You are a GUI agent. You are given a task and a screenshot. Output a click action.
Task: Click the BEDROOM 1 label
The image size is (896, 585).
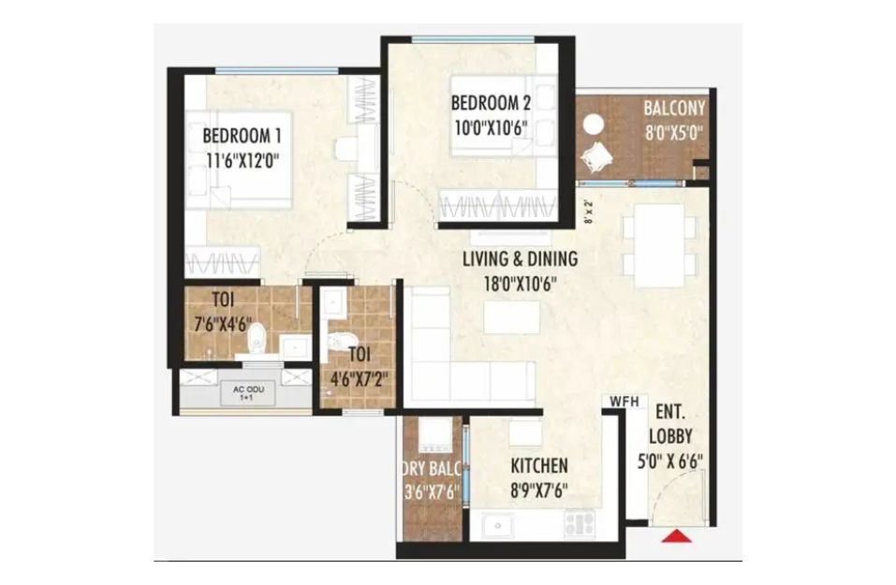[242, 136]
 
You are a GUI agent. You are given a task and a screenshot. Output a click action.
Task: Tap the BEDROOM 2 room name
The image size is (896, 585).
[491, 103]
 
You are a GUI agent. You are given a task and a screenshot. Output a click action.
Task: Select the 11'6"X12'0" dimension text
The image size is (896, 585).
[242, 161]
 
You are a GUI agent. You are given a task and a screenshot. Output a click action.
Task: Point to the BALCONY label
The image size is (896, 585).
[674, 108]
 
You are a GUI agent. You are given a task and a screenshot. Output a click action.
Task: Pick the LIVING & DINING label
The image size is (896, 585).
[520, 258]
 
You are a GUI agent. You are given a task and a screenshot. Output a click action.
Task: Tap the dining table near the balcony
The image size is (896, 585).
[659, 245]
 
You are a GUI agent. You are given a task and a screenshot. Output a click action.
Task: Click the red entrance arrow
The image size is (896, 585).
[677, 536]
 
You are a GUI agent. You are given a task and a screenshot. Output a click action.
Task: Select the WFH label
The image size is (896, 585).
[624, 402]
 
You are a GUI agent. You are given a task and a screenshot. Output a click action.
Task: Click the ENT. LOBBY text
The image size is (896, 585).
[671, 424]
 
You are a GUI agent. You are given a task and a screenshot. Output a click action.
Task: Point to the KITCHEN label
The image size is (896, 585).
[539, 465]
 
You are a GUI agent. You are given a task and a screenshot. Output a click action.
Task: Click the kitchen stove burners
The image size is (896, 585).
[580, 524]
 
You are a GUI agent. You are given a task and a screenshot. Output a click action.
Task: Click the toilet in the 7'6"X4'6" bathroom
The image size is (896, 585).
[257, 338]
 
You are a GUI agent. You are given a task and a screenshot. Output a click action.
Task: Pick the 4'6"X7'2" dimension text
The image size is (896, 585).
[359, 379]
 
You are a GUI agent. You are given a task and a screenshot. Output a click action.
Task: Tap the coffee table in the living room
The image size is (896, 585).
[511, 317]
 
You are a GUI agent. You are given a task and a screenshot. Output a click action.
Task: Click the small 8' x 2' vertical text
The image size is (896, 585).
[589, 211]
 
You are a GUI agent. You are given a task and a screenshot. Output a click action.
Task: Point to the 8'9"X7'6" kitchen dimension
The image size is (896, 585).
[539, 490]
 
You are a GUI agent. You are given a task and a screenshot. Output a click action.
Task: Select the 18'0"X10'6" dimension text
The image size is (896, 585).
[520, 284]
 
